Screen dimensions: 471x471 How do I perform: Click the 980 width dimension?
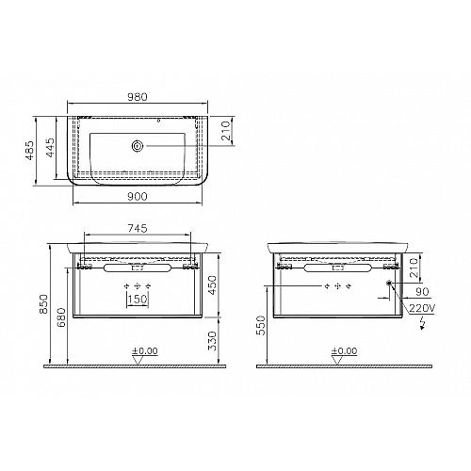pyautogui.click(x=138, y=97)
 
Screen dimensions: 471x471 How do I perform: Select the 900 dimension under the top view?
pyautogui.click(x=138, y=197)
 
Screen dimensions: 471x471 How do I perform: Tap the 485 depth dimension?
pyautogui.click(x=29, y=151)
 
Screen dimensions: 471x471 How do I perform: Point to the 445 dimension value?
pyautogui.click(x=50, y=147)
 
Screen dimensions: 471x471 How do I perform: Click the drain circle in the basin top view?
pyautogui.click(x=138, y=146)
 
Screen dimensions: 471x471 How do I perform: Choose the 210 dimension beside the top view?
pyautogui.click(x=226, y=131)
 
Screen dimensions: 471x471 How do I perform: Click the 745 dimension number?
pyautogui.click(x=138, y=228)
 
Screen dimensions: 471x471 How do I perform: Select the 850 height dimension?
pyautogui.click(x=43, y=303)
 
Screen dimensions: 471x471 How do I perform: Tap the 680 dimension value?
pyautogui.click(x=61, y=317)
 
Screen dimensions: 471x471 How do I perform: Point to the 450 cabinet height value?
pyautogui.click(x=212, y=285)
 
